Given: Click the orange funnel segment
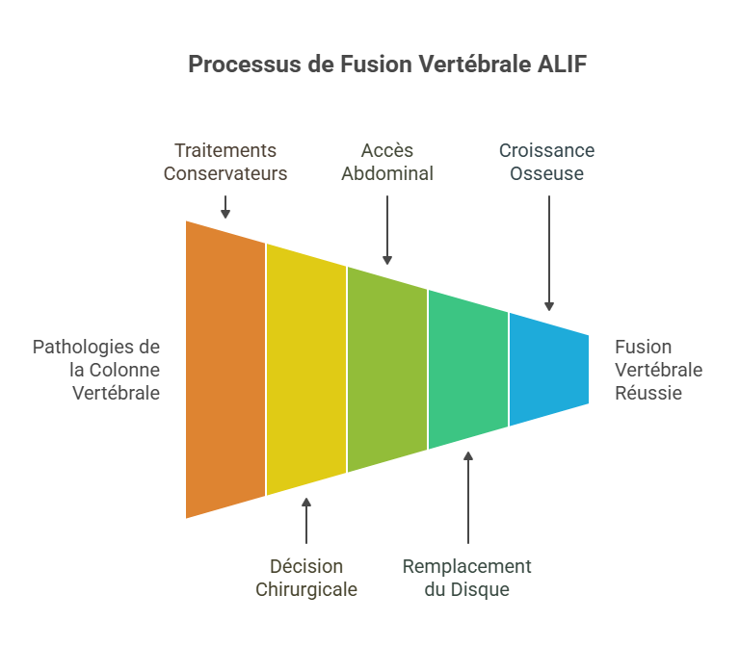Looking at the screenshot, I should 225,370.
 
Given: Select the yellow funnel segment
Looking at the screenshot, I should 306,370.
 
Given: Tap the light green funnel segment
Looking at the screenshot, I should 387,370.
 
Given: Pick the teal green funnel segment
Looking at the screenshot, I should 468,370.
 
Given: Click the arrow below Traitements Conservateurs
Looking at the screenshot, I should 225,206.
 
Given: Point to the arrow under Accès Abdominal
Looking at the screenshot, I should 387,229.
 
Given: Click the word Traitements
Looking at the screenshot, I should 225,151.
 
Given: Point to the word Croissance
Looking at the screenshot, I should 546,151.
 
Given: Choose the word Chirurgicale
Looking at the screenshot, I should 306,589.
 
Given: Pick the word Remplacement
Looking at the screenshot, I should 466,566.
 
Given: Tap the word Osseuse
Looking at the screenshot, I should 546,174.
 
